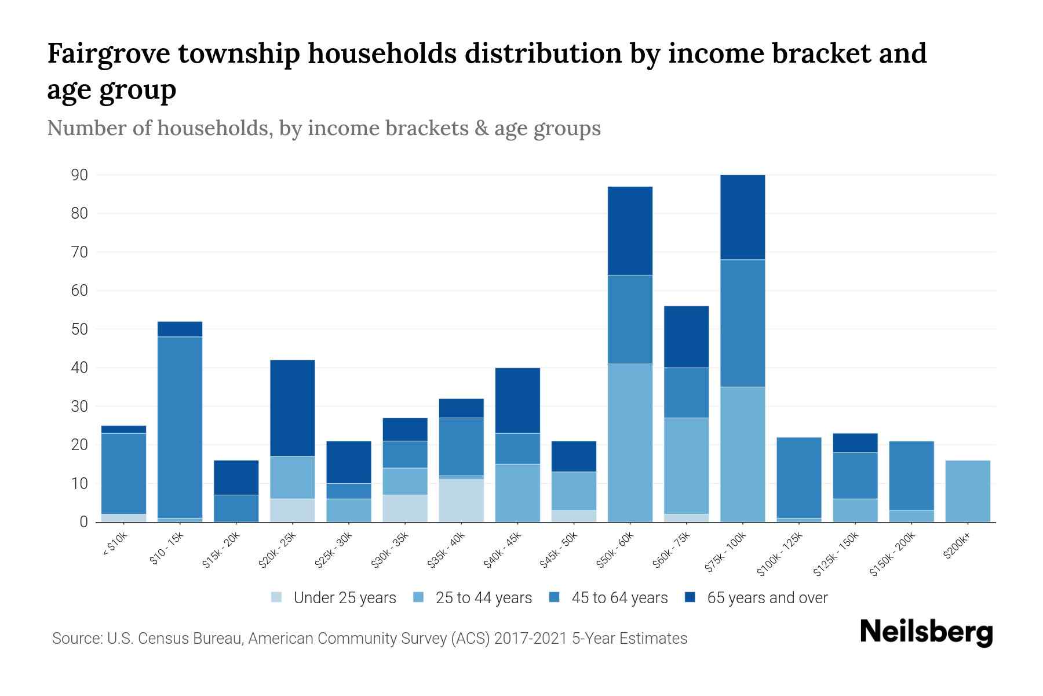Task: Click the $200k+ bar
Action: (967, 491)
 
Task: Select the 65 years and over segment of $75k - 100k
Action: (742, 217)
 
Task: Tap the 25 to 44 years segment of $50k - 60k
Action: (630, 443)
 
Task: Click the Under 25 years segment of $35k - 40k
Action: (461, 500)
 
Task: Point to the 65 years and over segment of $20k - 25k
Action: (292, 408)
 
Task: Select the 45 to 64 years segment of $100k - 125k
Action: (798, 477)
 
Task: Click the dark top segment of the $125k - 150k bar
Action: (855, 443)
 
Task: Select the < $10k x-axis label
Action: (115, 545)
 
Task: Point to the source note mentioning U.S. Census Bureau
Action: (369, 639)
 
